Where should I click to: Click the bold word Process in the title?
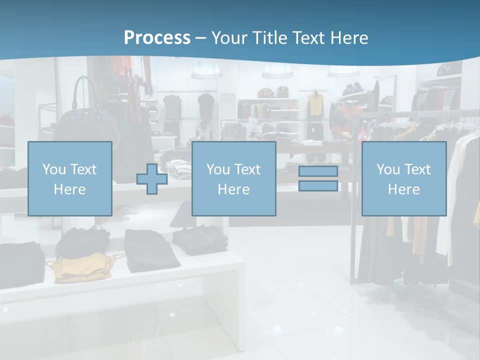(x=157, y=37)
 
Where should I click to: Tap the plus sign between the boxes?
(x=152, y=178)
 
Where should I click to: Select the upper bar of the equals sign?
(x=318, y=171)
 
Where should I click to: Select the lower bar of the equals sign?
(x=318, y=185)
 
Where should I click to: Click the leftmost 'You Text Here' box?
(x=70, y=178)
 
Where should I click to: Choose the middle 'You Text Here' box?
(x=233, y=178)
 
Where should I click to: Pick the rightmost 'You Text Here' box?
(x=403, y=178)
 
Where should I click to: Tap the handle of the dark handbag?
(x=85, y=90)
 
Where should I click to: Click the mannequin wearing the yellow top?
(x=315, y=105)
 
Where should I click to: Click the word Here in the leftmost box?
(x=69, y=189)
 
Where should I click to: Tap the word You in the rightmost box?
(x=386, y=169)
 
